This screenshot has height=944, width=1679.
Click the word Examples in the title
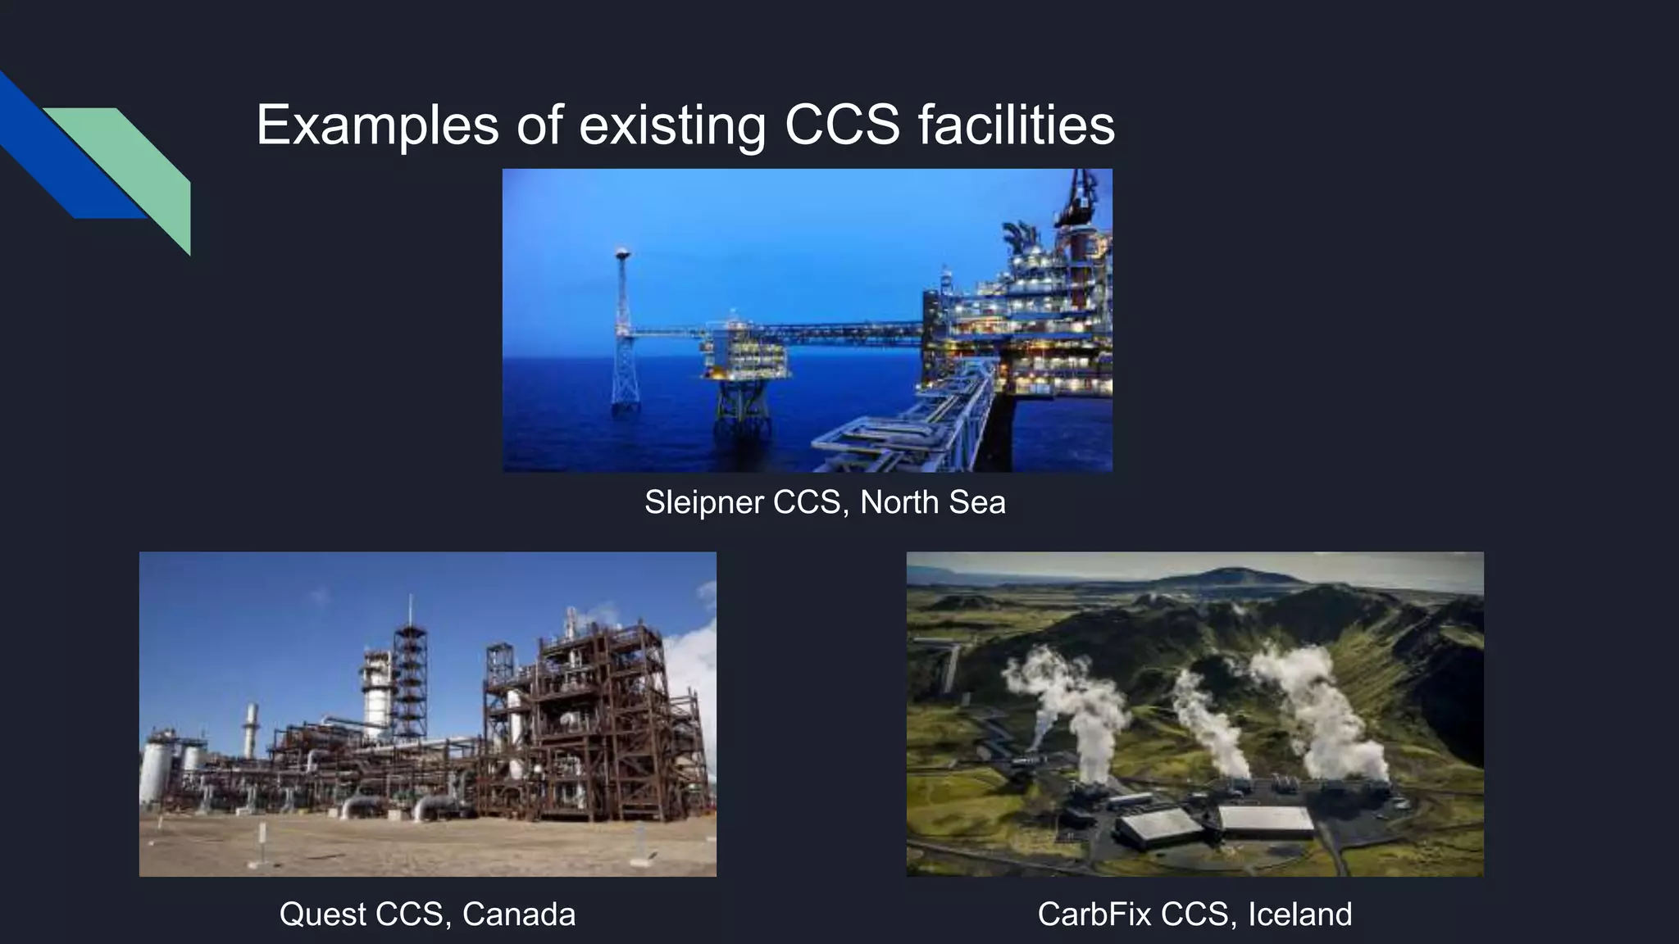[x=377, y=125]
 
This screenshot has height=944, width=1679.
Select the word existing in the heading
[x=672, y=125]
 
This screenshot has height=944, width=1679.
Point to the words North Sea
[x=932, y=502]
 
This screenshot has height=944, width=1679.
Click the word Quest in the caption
[x=321, y=914]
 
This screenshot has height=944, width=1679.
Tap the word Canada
[x=519, y=914]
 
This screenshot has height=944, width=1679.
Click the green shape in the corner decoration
[x=148, y=164]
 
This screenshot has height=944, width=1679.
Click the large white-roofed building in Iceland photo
[x=1267, y=820]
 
